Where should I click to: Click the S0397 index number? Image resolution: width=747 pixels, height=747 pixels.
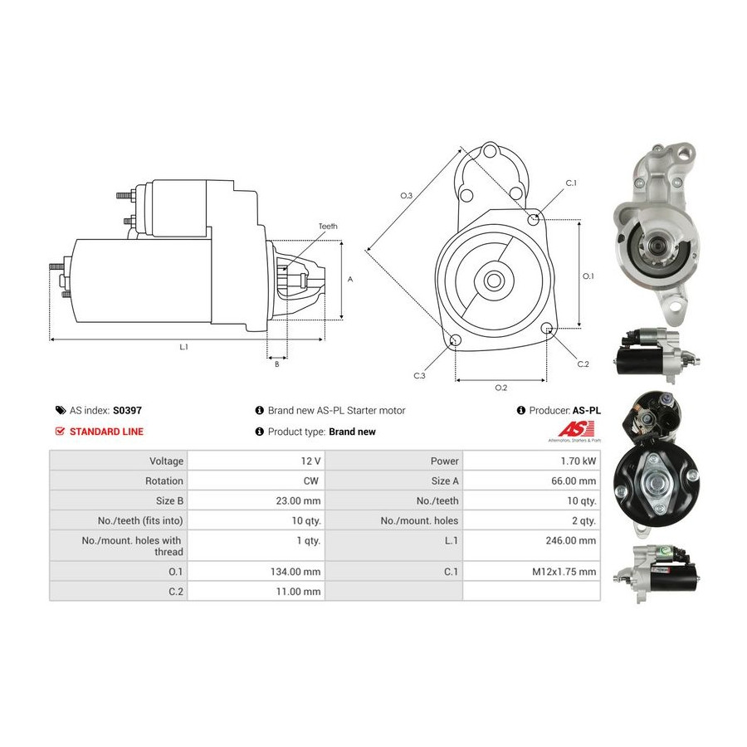pyautogui.click(x=127, y=410)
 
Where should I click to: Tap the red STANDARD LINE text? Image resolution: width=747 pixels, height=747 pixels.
pyautogui.click(x=106, y=432)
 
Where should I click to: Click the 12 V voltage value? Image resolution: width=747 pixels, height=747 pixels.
pyautogui.click(x=310, y=461)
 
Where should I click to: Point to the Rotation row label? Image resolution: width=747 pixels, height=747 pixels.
pyautogui.click(x=164, y=481)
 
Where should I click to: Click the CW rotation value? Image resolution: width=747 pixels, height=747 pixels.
pyautogui.click(x=311, y=481)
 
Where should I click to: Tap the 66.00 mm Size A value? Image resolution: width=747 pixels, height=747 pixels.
pyautogui.click(x=574, y=481)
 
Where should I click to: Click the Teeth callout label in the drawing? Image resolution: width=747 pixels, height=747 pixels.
pyautogui.click(x=328, y=227)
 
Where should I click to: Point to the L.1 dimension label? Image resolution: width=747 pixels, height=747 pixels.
pyautogui.click(x=184, y=347)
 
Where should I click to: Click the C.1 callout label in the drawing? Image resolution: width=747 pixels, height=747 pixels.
pyautogui.click(x=571, y=183)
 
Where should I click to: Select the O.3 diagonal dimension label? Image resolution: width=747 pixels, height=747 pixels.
pyautogui.click(x=407, y=195)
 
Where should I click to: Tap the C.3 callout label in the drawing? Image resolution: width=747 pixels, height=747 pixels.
pyautogui.click(x=419, y=376)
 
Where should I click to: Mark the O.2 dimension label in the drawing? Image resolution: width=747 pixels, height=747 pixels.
pyautogui.click(x=501, y=388)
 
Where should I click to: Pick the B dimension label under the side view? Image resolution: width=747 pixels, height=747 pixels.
pyautogui.click(x=276, y=364)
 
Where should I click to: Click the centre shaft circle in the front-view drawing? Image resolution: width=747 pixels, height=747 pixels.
pyautogui.click(x=494, y=281)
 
